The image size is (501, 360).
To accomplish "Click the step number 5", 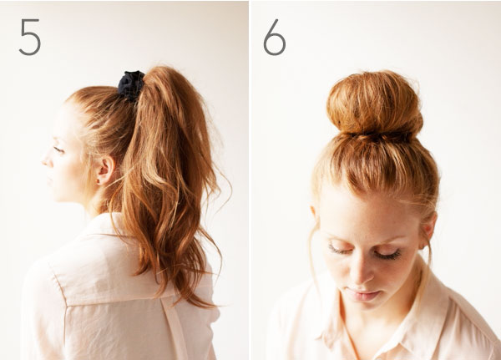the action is point(30,37).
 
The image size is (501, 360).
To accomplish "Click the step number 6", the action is point(274,37).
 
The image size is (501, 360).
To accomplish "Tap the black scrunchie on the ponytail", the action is point(131,85).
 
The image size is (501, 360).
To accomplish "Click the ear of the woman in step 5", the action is point(105,170).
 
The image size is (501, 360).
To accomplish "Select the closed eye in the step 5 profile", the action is point(58,150).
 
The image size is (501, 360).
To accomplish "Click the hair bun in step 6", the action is point(374,103).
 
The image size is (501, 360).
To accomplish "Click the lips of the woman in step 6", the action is point(362,295).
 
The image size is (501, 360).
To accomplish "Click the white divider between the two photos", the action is point(250,180).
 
